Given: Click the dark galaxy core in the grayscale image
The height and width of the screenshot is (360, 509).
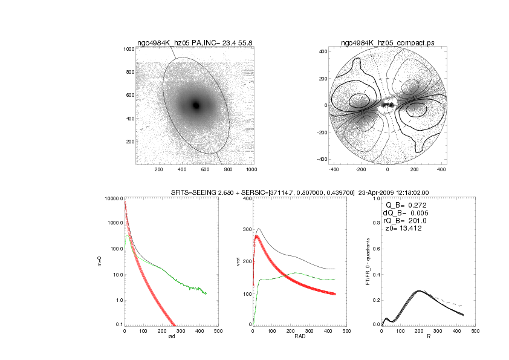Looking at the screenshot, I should pos(196,105).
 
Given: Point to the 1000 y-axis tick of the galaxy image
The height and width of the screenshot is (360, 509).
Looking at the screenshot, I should pos(128,49).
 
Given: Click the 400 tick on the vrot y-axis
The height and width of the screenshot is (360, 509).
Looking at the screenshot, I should pos(246,198).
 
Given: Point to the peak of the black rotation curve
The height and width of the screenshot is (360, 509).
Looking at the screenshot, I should pos(259,229).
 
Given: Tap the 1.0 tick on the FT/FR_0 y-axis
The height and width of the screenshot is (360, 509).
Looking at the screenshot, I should pos(375,198).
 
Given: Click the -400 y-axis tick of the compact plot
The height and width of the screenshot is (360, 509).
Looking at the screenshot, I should pos(322,159).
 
